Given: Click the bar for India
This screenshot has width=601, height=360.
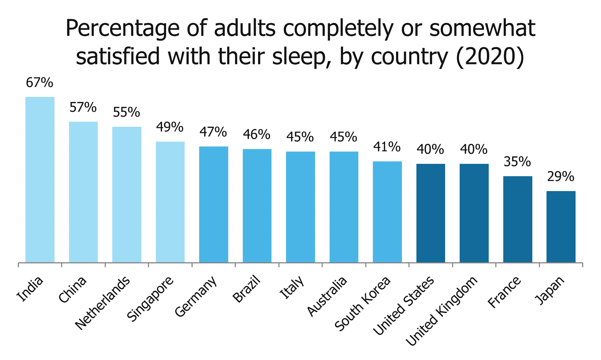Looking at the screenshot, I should click(40, 179).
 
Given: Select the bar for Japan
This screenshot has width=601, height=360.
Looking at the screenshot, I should click(561, 227).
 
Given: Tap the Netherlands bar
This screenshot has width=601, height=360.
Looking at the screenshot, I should click(126, 194).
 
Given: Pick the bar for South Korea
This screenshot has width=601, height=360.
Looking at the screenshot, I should click(387, 212).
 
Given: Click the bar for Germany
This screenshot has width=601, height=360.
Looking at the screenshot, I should click(213, 204).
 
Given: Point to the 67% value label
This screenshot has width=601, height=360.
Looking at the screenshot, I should click(39, 83).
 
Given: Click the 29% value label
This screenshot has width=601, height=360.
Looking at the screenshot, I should click(561, 177).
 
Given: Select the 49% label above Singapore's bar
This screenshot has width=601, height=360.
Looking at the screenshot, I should click(170, 127).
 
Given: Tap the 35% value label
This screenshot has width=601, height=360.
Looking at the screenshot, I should click(517, 162).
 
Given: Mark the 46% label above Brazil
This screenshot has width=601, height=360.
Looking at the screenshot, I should click(257, 135).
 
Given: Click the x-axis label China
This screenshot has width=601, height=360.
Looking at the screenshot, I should click(73, 290).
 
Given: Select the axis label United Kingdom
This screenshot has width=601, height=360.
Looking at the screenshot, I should click(441, 311).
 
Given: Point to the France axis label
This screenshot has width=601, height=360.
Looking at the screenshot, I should click(504, 292).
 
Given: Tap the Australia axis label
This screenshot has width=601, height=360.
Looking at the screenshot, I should click(327, 296).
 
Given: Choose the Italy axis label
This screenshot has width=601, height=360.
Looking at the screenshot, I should click(292, 288).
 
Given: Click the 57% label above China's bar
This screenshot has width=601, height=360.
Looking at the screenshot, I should click(83, 108).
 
